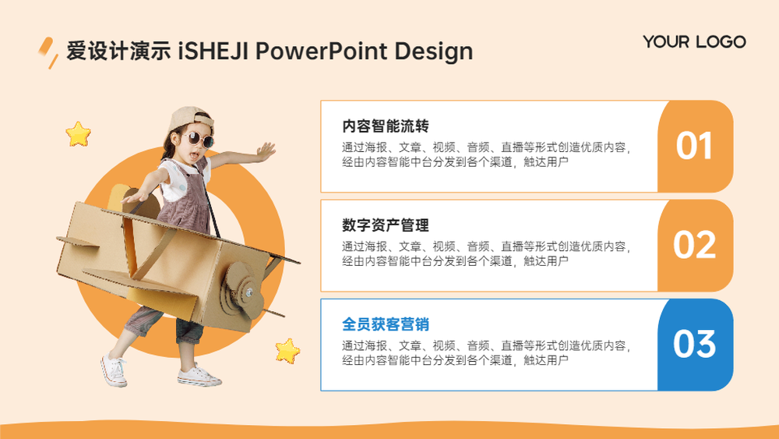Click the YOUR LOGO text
tap(694, 42)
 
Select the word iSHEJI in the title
tap(213, 51)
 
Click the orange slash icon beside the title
tap(48, 52)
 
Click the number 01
tap(694, 146)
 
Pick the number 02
tap(694, 245)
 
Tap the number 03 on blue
tap(694, 344)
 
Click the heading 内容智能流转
tap(385, 126)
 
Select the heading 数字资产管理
tap(385, 225)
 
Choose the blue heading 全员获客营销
tap(385, 324)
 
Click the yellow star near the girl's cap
tap(79, 134)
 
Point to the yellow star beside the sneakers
tap(287, 351)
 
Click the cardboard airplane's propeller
tap(242, 292)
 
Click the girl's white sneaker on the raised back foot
tap(114, 370)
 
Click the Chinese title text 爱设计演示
tap(118, 51)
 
